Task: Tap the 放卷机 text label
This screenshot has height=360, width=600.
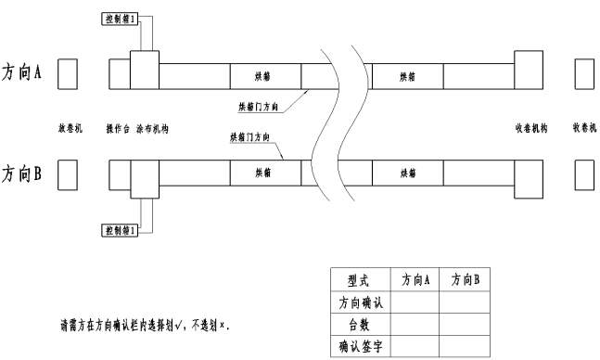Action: click(70, 128)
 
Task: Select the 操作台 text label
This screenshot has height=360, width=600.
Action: click(117, 128)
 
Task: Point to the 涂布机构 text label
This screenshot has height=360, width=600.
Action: click(152, 128)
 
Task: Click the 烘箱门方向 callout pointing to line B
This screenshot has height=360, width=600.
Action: click(249, 136)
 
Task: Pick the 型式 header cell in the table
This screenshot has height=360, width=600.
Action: click(358, 278)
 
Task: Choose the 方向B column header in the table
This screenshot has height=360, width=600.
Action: click(464, 278)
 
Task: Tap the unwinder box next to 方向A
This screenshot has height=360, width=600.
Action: click(68, 73)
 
